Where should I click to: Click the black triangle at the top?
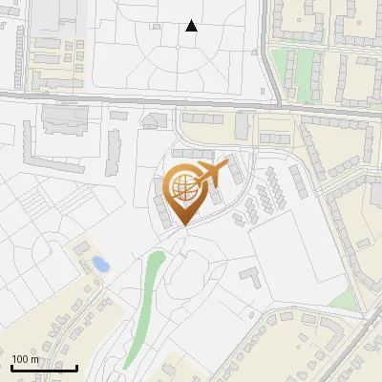coord(192,26)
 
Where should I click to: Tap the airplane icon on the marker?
coord(214,173)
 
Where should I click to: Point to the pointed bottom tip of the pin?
coord(183,225)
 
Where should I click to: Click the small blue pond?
coord(99,263)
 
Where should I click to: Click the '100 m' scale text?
coord(26,359)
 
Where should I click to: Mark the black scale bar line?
coord(44,368)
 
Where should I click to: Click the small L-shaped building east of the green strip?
coord(250,277)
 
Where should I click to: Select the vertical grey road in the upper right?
coord(269,48)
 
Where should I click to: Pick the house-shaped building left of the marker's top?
coord(153,120)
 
